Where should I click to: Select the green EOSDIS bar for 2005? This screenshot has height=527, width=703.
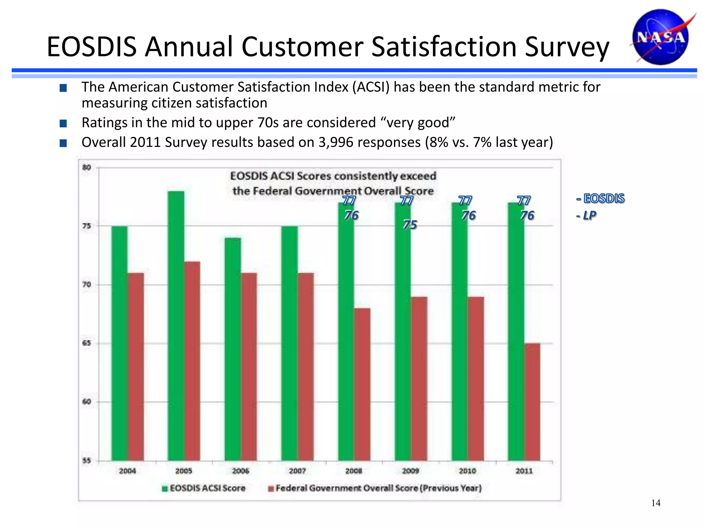(176, 326)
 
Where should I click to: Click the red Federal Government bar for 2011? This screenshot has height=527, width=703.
(532, 401)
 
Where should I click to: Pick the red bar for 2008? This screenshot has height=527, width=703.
(362, 384)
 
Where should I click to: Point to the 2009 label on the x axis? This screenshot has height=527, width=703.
(411, 471)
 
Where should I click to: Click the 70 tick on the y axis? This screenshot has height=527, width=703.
(87, 284)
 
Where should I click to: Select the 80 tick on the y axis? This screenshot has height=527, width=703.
(87, 167)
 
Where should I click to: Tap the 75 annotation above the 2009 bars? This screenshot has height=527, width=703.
(410, 225)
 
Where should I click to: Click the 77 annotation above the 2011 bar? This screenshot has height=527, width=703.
(524, 200)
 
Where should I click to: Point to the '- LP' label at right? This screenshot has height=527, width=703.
(586, 215)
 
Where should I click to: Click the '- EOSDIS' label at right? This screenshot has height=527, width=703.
(600, 198)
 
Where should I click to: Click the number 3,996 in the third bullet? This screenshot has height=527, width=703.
(336, 142)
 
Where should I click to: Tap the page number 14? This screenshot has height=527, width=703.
(656, 503)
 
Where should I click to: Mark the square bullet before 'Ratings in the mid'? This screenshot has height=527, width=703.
(63, 123)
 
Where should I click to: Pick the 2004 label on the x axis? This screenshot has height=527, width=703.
(127, 471)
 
